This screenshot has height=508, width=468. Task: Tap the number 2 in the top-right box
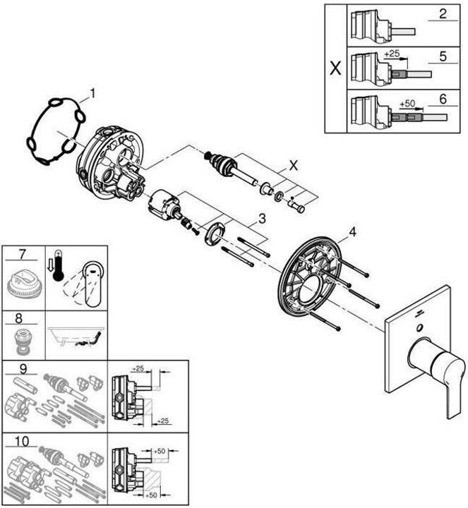coord(442,14)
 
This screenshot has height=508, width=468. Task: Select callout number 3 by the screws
coord(260,218)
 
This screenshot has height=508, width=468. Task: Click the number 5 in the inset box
coord(442,56)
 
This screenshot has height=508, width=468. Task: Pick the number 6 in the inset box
coord(442,99)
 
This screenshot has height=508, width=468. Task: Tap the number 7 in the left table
coord(23,253)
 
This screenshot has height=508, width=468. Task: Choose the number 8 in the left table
coord(23,318)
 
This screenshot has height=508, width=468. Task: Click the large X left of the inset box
coord(336,69)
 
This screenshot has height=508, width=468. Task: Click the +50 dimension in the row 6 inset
coord(407,103)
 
